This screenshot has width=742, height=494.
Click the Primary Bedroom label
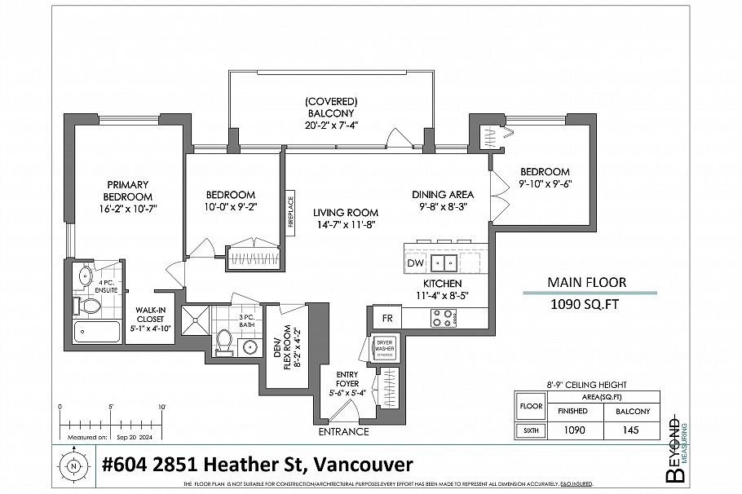tap(129, 191)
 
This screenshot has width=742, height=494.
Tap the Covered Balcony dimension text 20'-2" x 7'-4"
tap(331, 125)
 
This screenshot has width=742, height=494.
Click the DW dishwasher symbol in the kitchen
tap(415, 263)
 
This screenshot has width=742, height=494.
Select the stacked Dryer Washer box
tap(384, 349)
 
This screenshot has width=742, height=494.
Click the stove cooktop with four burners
tap(443, 320)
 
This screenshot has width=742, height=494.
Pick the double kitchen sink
tap(444, 262)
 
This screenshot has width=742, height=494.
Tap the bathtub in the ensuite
tap(97, 332)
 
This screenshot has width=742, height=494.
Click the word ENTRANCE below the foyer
tap(343, 431)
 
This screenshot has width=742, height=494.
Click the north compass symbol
tap(73, 466)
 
